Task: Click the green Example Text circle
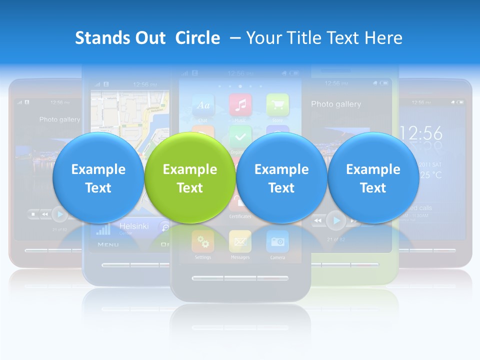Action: (189, 178)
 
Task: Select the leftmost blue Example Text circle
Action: (98, 178)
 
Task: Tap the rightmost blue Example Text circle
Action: (373, 178)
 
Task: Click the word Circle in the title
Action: (197, 38)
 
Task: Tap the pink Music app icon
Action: (240, 105)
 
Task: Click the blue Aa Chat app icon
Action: (203, 105)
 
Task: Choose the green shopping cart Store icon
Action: (277, 105)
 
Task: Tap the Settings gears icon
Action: (203, 241)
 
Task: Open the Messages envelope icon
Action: (240, 241)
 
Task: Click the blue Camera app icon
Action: (277, 241)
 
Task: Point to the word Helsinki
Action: (133, 226)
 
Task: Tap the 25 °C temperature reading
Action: (431, 175)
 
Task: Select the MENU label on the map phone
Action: (108, 245)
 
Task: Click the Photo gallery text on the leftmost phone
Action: (59, 120)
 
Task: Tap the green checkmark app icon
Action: (240, 136)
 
